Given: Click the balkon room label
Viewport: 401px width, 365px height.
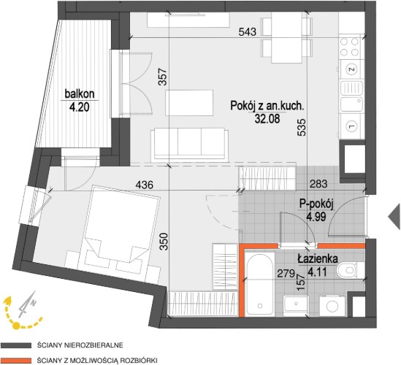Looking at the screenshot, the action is coord(80,94).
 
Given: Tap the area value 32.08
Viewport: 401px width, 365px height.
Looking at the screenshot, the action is coord(267,118).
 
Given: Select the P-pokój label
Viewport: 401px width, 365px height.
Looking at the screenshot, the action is coord(316,204).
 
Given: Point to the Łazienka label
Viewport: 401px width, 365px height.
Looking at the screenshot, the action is coord(318,259).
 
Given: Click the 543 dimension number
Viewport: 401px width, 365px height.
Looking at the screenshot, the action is coord(248,31).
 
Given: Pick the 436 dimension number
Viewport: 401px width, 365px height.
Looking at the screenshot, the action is coord(144,184).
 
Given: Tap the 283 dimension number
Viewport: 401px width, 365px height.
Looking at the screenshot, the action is coord(318,183).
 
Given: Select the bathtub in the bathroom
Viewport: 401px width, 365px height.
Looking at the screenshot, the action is coord(259,284).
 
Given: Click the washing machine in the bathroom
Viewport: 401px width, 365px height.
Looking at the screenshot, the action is coord(332,305).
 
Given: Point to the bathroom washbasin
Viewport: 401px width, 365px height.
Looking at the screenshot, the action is coord(296,304).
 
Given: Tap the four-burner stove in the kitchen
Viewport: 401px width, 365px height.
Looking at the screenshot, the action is coord(350,47).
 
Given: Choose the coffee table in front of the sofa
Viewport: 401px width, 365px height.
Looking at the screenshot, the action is coord(189,102).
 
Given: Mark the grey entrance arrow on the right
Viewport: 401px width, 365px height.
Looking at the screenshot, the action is coord(394,217).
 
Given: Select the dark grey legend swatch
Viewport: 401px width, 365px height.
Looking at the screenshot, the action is coord(15,345).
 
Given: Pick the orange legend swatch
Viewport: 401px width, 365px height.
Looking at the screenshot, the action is coord(15,361).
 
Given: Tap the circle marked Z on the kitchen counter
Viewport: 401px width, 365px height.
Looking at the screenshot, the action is coord(352,69).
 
